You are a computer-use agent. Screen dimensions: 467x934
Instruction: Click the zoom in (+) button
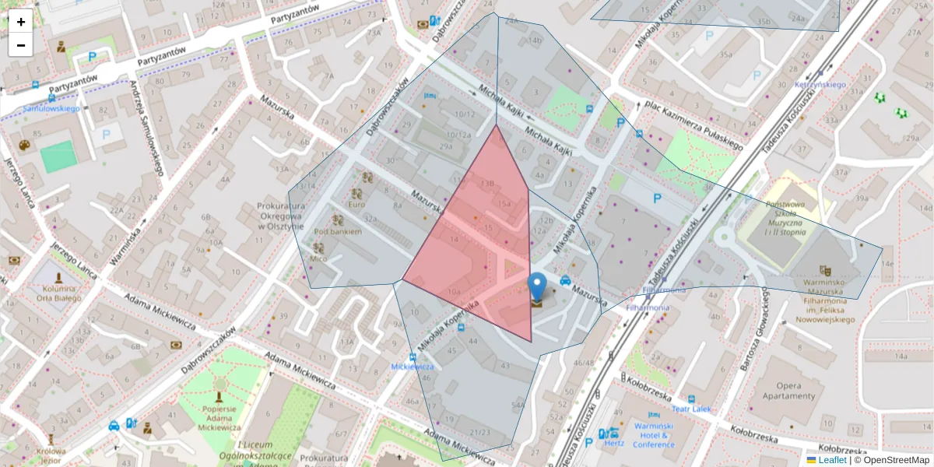pyautogui.click(x=21, y=22)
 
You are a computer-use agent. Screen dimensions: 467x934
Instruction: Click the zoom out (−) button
pyautogui.click(x=21, y=45)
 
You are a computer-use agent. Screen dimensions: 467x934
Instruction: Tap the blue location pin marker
pyautogui.click(x=537, y=287)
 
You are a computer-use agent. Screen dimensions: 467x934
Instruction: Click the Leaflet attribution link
pyautogui.click(x=832, y=460)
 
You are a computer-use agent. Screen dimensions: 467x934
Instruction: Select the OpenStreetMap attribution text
pyautogui.click(x=896, y=460)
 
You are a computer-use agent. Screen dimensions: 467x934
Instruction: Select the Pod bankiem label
pyautogui.click(x=337, y=231)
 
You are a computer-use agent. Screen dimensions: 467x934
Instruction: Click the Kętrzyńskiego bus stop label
pyautogui.click(x=820, y=84)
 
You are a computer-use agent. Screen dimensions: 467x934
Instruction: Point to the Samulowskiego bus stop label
pyautogui.click(x=51, y=108)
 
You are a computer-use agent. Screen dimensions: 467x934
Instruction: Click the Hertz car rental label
pyautogui.click(x=614, y=444)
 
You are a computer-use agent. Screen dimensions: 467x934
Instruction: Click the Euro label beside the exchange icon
pyautogui.click(x=356, y=205)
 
